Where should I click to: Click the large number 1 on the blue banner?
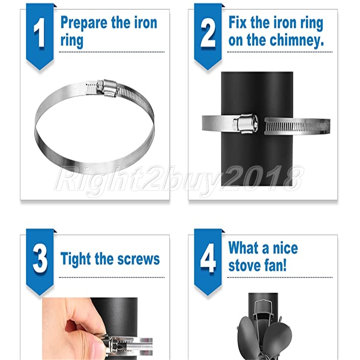(40, 33)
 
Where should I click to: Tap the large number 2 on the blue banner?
(208, 33)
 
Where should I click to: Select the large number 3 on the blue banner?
(40, 258)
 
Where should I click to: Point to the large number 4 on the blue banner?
(208, 258)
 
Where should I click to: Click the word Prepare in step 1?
(84, 23)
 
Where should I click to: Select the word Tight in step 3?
(76, 259)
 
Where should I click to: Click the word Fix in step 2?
(237, 22)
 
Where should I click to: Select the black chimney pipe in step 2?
(257, 129)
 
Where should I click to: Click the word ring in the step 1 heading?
(72, 41)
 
